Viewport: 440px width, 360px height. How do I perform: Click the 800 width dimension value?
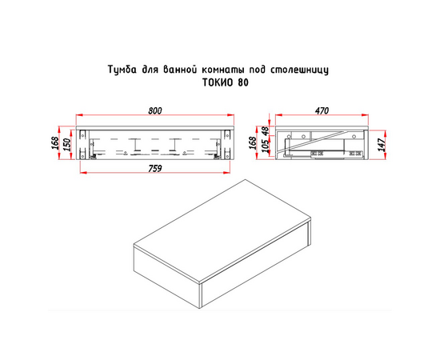pos(155,111)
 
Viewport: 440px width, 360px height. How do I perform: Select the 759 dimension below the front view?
pos(155,168)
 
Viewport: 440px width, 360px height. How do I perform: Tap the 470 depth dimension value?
pos(322,111)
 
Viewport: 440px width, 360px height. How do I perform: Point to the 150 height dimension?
pos(68,145)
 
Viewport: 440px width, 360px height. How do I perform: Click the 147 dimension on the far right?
pos(382,145)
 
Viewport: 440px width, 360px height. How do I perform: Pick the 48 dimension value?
pos(266,130)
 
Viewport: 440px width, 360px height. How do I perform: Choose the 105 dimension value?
pos(266,145)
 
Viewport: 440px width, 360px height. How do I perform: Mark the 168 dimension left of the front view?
pos(55,143)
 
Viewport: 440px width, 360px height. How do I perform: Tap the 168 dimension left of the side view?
pos(253,143)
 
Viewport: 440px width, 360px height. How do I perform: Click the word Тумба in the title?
pos(122,70)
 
